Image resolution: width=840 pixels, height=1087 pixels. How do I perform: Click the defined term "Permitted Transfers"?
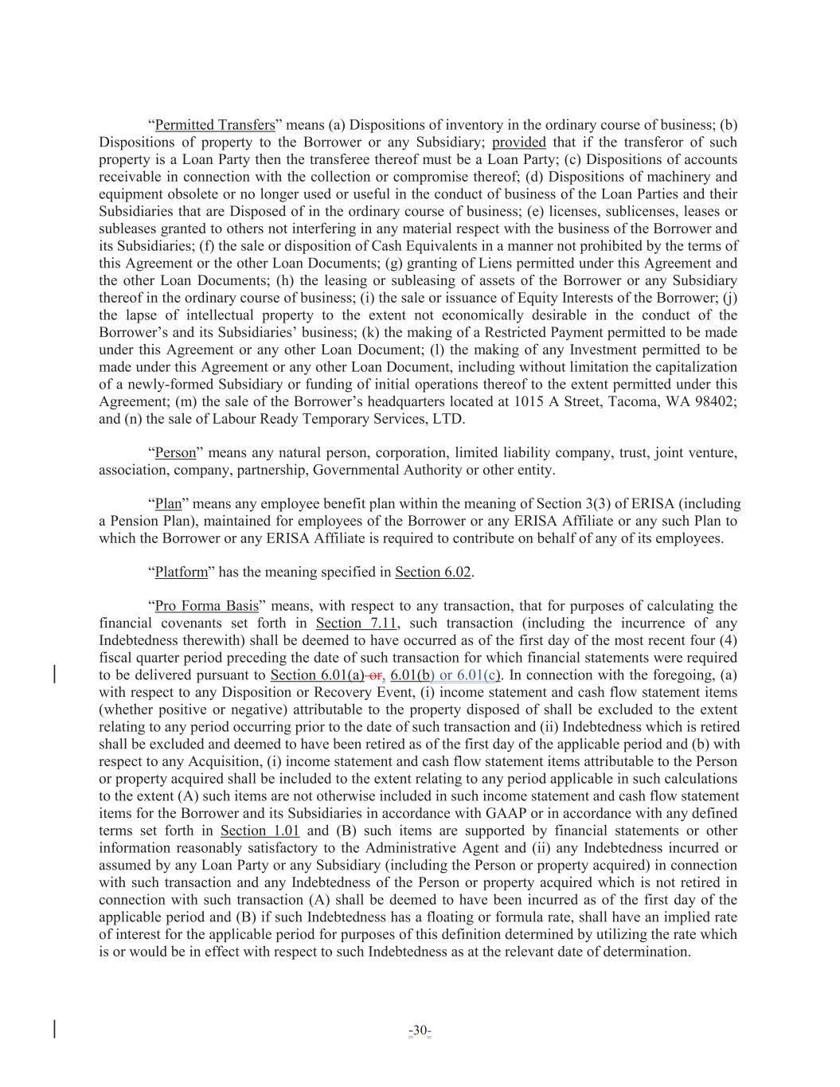point(214,125)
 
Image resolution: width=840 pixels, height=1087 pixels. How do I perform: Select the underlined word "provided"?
point(519,143)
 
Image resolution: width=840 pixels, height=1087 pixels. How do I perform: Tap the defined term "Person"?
point(175,453)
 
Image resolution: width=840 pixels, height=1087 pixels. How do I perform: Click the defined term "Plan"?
point(169,504)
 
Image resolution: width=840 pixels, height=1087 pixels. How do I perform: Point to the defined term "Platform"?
point(181,573)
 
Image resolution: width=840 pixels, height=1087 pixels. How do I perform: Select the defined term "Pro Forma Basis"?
point(207,606)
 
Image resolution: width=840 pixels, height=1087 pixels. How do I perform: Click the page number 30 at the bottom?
point(420,1031)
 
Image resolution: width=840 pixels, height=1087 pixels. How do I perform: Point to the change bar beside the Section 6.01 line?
point(54,674)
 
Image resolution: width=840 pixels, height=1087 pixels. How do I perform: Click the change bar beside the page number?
point(54,1029)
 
